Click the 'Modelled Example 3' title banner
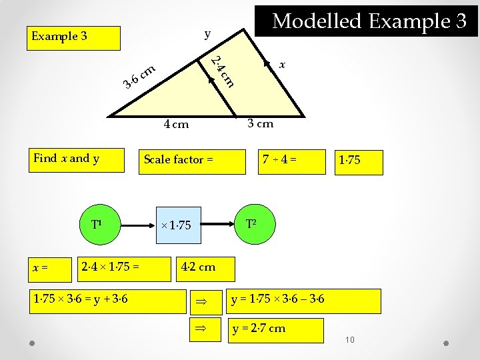point(369,21)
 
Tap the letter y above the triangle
point(207,33)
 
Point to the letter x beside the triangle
point(283,65)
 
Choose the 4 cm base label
point(176,124)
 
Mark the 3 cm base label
point(260,123)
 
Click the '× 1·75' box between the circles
point(177,225)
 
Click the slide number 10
point(351,341)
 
